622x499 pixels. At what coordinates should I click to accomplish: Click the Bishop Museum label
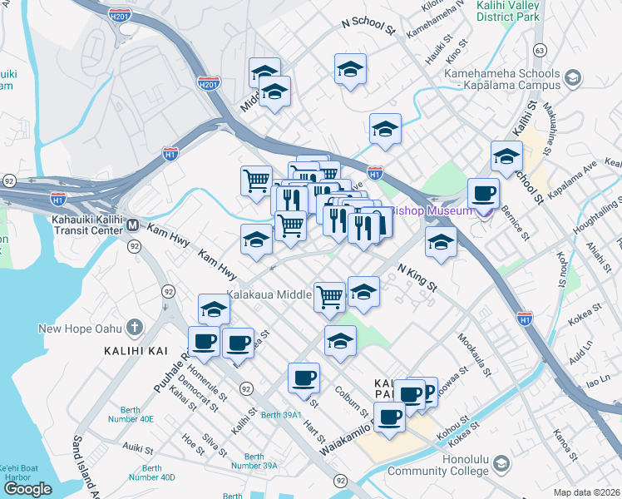click(x=432, y=210)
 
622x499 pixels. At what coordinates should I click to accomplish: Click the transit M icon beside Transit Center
click(x=133, y=225)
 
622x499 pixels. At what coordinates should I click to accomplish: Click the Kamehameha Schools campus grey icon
click(x=572, y=79)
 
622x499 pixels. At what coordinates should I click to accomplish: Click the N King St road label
click(x=417, y=277)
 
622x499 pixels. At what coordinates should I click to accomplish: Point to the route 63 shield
click(x=540, y=51)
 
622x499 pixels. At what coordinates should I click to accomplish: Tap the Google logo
click(x=27, y=489)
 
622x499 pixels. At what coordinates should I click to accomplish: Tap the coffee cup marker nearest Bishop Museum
click(x=482, y=195)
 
